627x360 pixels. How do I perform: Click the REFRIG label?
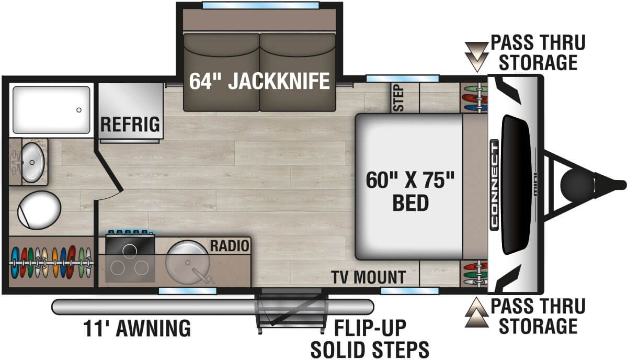coord(130,125)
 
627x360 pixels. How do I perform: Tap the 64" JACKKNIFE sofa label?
coord(259,81)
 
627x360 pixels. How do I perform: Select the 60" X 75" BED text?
coord(409,190)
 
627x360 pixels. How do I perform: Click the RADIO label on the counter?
coord(230,245)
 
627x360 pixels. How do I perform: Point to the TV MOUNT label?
coord(368,277)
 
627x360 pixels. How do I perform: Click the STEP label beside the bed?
coord(399,98)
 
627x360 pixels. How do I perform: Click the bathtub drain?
coord(79,110)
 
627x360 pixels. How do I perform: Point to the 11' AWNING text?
coord(137,329)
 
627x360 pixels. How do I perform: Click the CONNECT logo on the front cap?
coord(494,184)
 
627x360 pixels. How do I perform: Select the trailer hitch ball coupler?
coord(574,184)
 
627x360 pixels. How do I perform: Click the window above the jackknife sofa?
coord(260,6)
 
